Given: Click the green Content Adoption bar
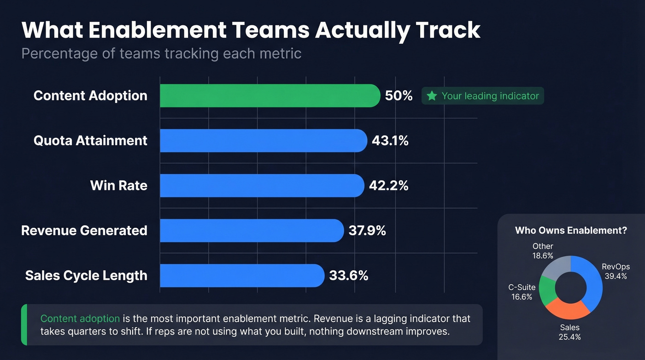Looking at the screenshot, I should pyautogui.click(x=270, y=96).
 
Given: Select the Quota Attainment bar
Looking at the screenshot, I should pyautogui.click(x=263, y=141).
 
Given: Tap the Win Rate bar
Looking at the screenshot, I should pyautogui.click(x=261, y=185).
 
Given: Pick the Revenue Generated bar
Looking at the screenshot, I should pyautogui.click(x=251, y=230).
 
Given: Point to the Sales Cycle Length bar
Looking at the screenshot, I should pyautogui.click(x=241, y=275).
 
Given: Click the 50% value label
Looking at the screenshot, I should pyautogui.click(x=399, y=96).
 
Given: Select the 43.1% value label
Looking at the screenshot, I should pyautogui.click(x=390, y=141).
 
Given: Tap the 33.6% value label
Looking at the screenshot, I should pyautogui.click(x=348, y=276).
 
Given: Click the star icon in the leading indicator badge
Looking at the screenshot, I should pyautogui.click(x=432, y=96).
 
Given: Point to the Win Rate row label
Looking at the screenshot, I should pyautogui.click(x=119, y=185).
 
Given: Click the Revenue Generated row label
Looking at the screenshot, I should pyautogui.click(x=84, y=230).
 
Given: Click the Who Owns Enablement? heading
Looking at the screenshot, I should pyautogui.click(x=571, y=230).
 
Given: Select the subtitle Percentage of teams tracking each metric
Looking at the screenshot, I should pyautogui.click(x=161, y=53).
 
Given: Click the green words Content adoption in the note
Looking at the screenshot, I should pyautogui.click(x=80, y=319).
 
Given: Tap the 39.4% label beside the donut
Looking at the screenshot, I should pyautogui.click(x=616, y=276).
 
